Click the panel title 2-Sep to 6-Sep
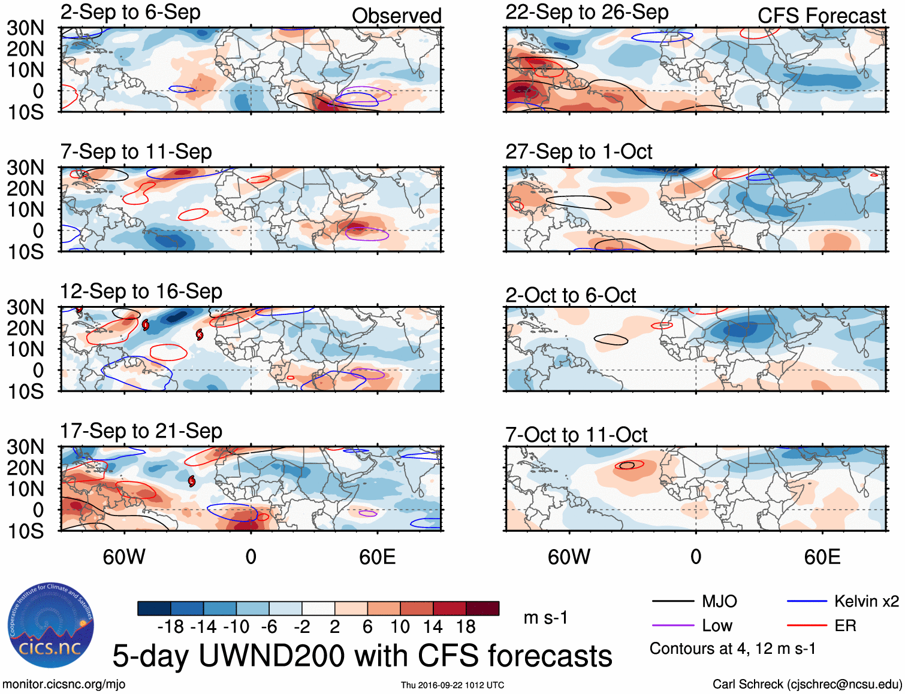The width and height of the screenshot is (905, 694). (x=130, y=13)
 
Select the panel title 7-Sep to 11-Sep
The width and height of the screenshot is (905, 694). (x=136, y=152)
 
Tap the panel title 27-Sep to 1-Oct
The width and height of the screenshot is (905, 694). (x=578, y=152)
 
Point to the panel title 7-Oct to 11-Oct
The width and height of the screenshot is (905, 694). (x=576, y=435)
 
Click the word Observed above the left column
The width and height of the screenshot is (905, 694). (x=396, y=16)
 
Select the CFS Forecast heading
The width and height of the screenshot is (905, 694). (x=821, y=16)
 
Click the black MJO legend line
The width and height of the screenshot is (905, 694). (x=672, y=601)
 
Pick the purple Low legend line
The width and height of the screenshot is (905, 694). (x=672, y=626)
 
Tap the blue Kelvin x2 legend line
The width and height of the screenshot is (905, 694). (x=807, y=601)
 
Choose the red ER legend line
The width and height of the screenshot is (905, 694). (x=807, y=626)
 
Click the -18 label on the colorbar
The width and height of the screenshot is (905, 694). (x=170, y=627)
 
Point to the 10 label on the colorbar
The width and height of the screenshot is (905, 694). (x=400, y=627)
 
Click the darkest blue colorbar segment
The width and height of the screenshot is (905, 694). (x=153, y=608)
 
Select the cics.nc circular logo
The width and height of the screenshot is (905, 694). (x=50, y=626)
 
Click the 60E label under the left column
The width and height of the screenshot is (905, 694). (x=377, y=557)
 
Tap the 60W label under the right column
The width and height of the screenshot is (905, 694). (x=569, y=557)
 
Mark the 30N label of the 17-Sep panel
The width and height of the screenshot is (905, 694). (x=25, y=447)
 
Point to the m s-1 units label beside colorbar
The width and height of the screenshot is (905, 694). (x=545, y=617)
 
